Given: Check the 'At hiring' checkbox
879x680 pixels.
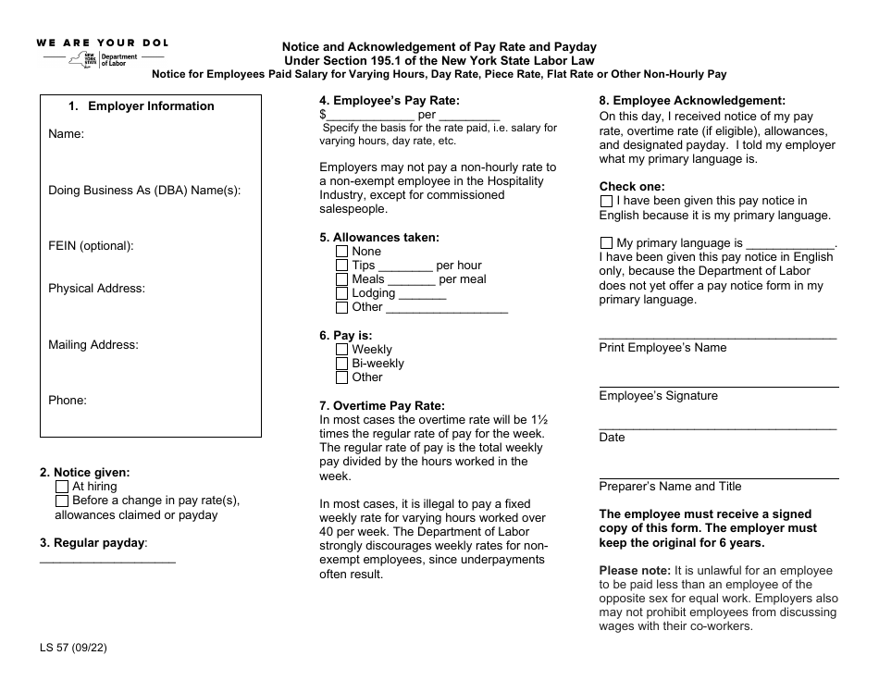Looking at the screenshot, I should pyautogui.click(x=62, y=487).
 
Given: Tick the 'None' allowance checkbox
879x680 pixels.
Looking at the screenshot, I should pyautogui.click(x=342, y=252).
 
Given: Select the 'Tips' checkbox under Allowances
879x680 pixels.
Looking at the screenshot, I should pyautogui.click(x=342, y=266).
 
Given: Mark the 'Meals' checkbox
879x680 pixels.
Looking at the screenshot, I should pyautogui.click(x=342, y=279).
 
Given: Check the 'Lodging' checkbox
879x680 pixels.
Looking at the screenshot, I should pyautogui.click(x=342, y=293).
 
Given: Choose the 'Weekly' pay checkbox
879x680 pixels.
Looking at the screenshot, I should pyautogui.click(x=342, y=350).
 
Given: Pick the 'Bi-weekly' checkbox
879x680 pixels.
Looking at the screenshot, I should pyautogui.click(x=342, y=364).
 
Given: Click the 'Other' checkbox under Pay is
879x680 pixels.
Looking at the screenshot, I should pyautogui.click(x=342, y=377).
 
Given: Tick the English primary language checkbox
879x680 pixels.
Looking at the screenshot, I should pyautogui.click(x=606, y=201).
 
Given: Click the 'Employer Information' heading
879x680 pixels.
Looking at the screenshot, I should pyautogui.click(x=150, y=106).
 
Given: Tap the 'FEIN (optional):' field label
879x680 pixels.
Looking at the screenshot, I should pyautogui.click(x=91, y=246).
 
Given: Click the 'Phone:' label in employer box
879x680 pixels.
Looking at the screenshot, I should pyautogui.click(x=67, y=401).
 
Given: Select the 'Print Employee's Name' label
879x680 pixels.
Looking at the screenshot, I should pyautogui.click(x=662, y=348).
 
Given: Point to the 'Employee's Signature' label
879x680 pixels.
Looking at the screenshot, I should pyautogui.click(x=658, y=396).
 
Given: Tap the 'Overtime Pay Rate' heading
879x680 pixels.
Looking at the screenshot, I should pyautogui.click(x=381, y=406).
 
